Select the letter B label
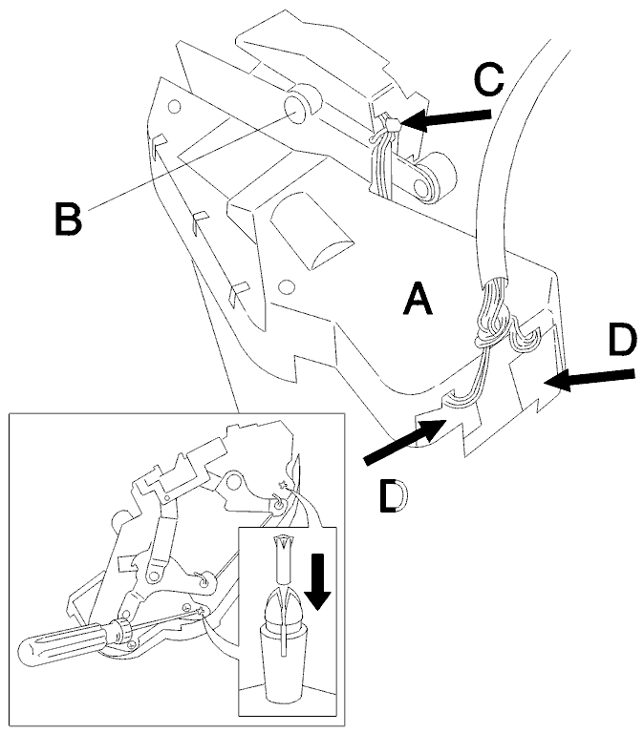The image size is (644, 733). coord(69,218)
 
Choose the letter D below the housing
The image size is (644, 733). coord(393,496)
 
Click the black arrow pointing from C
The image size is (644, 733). coord(445,120)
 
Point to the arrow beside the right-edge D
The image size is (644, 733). coord(590,379)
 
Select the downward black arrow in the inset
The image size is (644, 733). coord(318,581)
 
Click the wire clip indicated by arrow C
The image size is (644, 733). coord(392,125)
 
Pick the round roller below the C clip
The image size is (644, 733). coord(435,178)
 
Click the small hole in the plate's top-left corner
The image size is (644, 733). coord(174,107)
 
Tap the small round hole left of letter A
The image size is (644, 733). coord(287,286)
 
